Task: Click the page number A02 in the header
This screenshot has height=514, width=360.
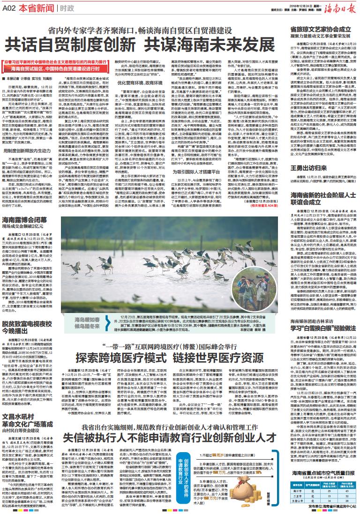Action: (12, 8)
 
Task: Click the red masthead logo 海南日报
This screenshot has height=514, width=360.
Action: (335, 8)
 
